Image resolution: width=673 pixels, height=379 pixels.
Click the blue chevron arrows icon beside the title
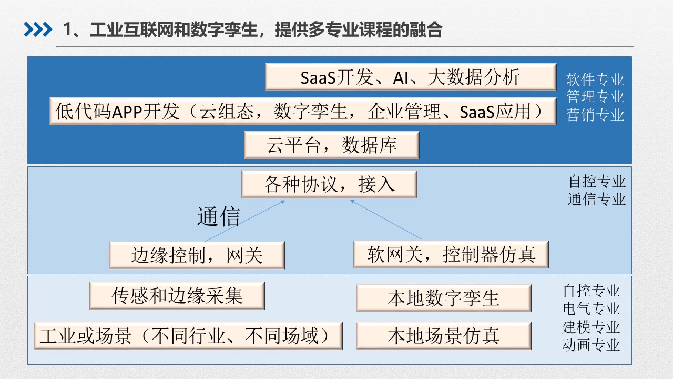pos(38,29)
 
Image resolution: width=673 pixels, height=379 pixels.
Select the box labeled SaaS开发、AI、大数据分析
pos(411,77)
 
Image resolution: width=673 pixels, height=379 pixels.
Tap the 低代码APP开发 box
pos(303,111)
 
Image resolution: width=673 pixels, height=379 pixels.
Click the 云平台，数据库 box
pos(331,145)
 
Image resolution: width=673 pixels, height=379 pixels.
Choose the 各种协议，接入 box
pos(329,184)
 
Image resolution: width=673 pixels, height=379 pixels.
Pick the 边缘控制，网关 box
pos(197,255)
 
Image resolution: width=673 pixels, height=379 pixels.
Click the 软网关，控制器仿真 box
pos(451,254)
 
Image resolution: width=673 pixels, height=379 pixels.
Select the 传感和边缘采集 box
pos(177,296)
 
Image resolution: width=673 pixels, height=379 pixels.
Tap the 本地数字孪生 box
pos(443,298)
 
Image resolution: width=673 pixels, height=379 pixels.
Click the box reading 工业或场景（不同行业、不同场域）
pos(188,336)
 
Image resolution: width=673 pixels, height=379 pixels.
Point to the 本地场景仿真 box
pos(443,336)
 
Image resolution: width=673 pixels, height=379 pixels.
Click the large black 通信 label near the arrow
pos(218,216)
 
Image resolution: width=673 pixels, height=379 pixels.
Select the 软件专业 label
pos(595,79)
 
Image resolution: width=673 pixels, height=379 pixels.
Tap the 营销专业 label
pos(595,115)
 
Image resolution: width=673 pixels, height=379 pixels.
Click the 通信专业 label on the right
pos(597,199)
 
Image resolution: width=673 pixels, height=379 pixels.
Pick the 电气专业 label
pos(592,309)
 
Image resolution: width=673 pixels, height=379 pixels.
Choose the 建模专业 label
pos(592,327)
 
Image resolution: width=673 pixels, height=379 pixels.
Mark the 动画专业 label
pos(592,345)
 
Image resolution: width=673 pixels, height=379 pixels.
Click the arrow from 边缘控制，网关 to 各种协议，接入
pos(244,221)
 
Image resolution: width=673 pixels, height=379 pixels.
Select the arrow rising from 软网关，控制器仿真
pos(386,220)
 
